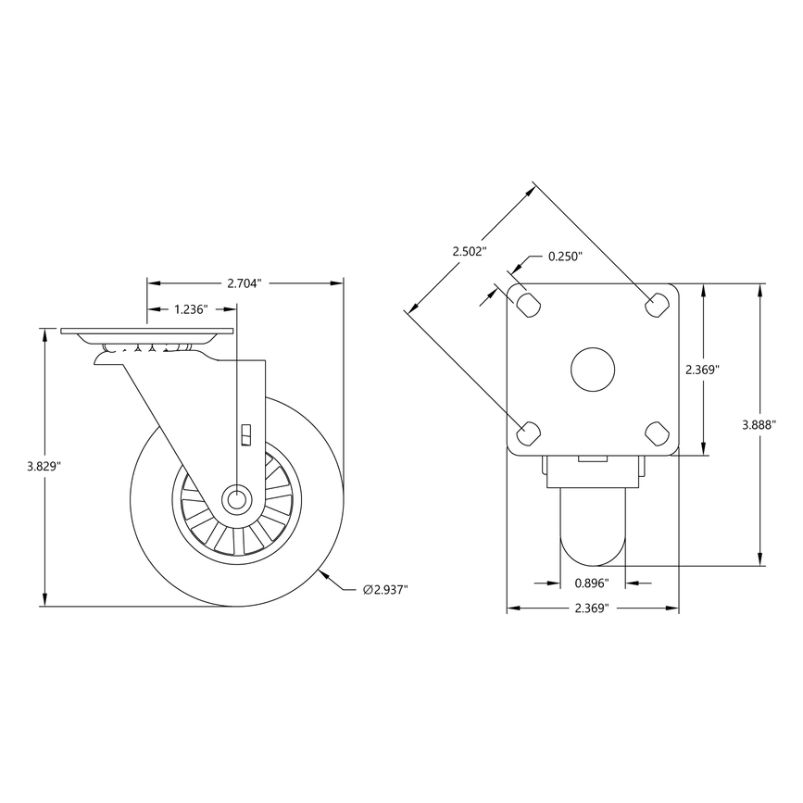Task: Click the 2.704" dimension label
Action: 245,282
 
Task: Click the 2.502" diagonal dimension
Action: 469,252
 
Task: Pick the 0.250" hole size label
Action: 565,257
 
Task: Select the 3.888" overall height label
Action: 760,425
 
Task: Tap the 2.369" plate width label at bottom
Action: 593,609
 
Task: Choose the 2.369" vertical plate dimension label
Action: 703,369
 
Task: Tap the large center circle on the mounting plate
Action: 593,369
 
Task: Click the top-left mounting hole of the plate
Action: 528,303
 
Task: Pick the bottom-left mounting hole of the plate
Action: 528,431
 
